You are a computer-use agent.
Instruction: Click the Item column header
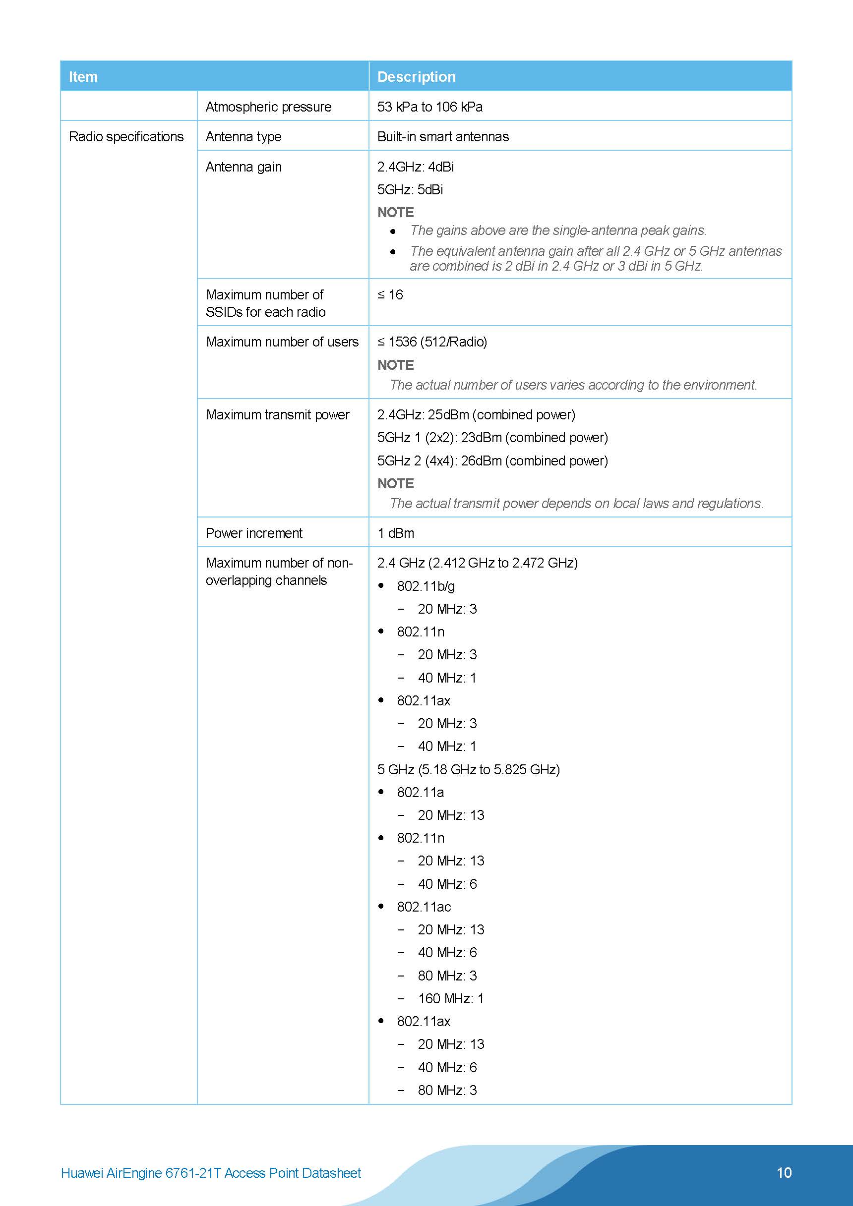(x=83, y=77)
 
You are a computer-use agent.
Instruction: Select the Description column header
(x=416, y=77)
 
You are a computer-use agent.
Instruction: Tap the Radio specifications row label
(x=126, y=137)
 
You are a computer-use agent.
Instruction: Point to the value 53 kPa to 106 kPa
(x=429, y=107)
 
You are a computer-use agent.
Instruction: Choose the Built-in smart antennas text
(x=442, y=137)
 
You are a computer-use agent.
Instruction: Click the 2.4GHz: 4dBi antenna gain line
(x=415, y=167)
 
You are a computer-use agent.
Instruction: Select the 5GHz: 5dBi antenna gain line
(x=410, y=190)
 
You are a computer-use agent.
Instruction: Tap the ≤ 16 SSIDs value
(x=390, y=294)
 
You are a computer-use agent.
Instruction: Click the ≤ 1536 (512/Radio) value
(x=432, y=342)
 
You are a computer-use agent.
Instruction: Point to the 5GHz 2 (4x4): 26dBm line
(x=492, y=460)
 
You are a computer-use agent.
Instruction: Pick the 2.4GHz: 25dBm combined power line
(x=476, y=414)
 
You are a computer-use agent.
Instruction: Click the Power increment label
(x=254, y=533)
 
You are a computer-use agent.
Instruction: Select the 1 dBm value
(x=395, y=533)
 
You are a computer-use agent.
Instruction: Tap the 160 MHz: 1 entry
(x=450, y=998)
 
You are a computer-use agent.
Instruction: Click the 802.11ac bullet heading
(x=424, y=907)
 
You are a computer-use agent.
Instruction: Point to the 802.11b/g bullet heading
(x=426, y=586)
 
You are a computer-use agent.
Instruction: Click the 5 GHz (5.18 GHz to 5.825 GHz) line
(x=468, y=769)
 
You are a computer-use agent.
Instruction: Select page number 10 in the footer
(x=784, y=1172)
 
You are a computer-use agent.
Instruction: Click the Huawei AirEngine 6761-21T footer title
(x=211, y=1173)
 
